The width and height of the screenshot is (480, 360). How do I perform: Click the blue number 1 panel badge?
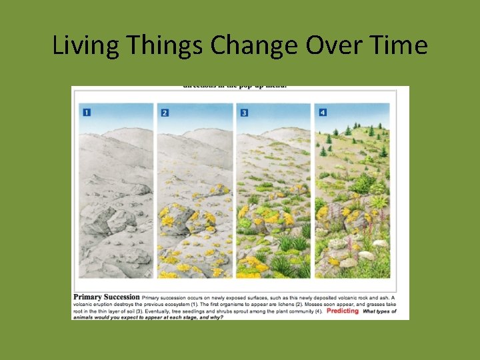pyautogui.click(x=87, y=112)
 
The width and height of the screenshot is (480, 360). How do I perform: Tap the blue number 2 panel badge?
pyautogui.click(x=165, y=112)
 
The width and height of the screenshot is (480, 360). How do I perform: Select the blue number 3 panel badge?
pyautogui.click(x=245, y=112)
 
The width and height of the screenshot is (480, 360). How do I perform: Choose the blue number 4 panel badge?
pyautogui.click(x=323, y=112)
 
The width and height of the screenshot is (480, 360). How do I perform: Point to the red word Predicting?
pyautogui.click(x=343, y=311)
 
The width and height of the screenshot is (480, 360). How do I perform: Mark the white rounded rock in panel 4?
pyautogui.click(x=365, y=255)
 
